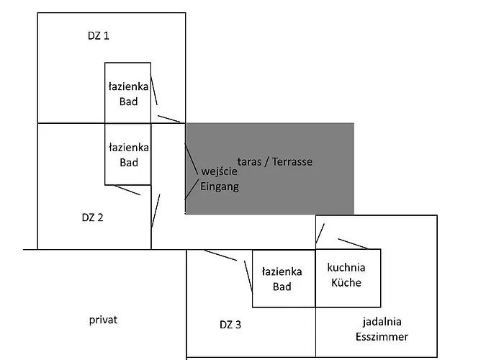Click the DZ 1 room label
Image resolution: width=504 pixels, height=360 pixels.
point(96,35)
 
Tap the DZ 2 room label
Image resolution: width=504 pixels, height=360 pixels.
point(92,217)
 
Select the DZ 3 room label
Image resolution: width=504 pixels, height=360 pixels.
point(230,325)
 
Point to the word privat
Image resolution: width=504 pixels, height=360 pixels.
point(104,320)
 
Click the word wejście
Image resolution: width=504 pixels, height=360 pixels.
point(219,173)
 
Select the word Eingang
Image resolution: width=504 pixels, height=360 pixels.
point(219,186)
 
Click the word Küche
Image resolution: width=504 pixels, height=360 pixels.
point(346,282)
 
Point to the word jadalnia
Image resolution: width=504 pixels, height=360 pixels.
point(381,322)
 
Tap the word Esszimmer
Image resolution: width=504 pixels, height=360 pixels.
point(382,336)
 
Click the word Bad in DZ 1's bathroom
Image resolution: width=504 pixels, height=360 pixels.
point(129,102)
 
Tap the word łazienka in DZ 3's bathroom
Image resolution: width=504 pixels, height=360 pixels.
point(282,271)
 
